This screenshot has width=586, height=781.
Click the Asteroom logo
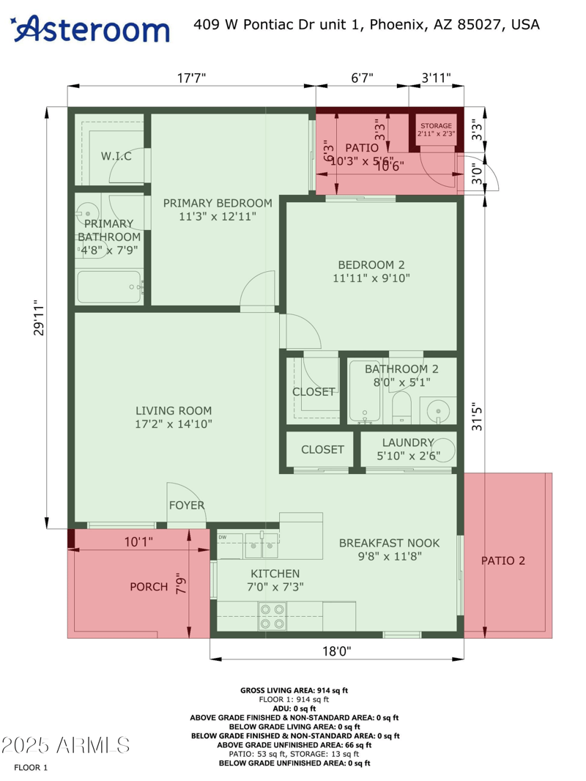pyautogui.click(x=92, y=29)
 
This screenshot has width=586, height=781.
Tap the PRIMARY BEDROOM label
pyautogui.click(x=217, y=203)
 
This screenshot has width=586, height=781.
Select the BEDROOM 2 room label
pyautogui.click(x=371, y=265)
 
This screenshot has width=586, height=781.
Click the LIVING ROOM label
pyautogui.click(x=174, y=411)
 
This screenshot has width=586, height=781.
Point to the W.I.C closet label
pyautogui.click(x=116, y=156)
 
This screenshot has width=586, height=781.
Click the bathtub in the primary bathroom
pyautogui.click(x=108, y=286)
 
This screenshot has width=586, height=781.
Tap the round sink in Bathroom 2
pyautogui.click(x=438, y=412)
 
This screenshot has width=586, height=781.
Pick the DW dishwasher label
pyautogui.click(x=222, y=538)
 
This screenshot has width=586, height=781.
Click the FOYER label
pyautogui.click(x=187, y=506)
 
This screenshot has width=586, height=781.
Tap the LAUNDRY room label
pyautogui.click(x=408, y=443)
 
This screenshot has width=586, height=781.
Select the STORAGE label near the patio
pyautogui.click(x=436, y=126)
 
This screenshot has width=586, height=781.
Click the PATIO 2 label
pyautogui.click(x=503, y=561)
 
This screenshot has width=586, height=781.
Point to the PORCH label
pyautogui.click(x=149, y=587)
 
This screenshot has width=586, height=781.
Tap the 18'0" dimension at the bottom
pyautogui.click(x=336, y=651)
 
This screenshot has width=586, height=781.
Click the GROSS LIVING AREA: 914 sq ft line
pyautogui.click(x=294, y=690)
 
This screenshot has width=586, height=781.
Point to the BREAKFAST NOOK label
pyautogui.click(x=389, y=543)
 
